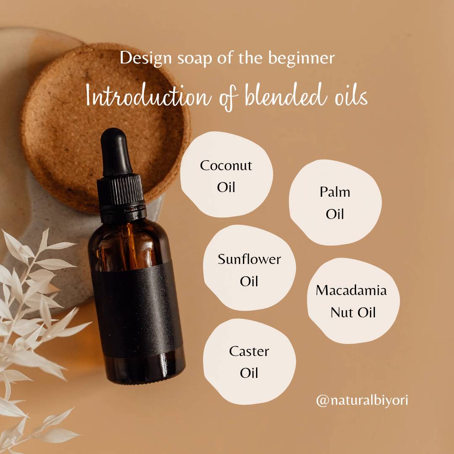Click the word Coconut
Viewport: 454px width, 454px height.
tap(226, 166)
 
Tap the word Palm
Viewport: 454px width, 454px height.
tap(335, 192)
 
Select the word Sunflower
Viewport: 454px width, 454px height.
tap(249, 259)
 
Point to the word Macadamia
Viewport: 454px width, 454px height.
tap(351, 290)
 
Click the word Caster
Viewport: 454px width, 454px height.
tap(249, 351)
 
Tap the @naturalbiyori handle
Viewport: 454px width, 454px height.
tap(362, 401)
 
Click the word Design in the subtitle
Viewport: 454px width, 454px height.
tap(146, 58)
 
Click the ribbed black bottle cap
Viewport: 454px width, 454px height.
tap(121, 193)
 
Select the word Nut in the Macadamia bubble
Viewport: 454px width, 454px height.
tap(341, 313)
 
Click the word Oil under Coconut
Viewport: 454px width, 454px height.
tap(226, 187)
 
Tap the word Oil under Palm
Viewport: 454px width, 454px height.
tap(335, 214)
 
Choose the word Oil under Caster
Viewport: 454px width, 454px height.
tap(249, 373)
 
